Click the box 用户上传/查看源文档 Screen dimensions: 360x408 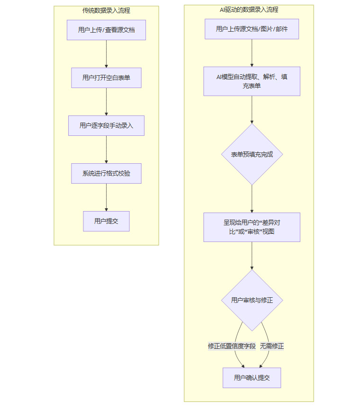coord(106,30)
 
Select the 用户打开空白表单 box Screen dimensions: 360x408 coord(106,78)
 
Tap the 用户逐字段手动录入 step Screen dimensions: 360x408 coord(106,126)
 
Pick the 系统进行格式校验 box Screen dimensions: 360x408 coord(106,174)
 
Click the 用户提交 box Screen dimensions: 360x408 coord(106,221)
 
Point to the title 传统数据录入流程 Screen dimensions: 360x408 coord(106,11)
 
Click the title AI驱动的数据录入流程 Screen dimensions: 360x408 coord(249,9)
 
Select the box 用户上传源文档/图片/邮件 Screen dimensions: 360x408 coord(252,29)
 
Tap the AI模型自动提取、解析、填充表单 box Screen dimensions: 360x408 coord(252,81)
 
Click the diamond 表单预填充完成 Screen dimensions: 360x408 coord(252,154)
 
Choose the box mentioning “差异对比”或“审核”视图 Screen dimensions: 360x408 coord(252,227)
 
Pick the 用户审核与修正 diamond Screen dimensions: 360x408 coord(252,300)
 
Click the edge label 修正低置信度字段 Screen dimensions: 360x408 coord(232,346)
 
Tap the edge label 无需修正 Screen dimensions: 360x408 coord(272,346)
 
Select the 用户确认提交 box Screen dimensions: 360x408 coord(252,378)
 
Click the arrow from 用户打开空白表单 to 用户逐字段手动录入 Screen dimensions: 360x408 coord(106,102)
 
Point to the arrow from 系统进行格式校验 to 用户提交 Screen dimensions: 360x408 coord(106,197)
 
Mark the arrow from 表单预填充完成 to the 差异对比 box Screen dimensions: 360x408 coord(252,199)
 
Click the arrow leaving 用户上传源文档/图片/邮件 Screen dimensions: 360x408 coord(252,53)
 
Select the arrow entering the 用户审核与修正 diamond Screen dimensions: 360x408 coord(252,256)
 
